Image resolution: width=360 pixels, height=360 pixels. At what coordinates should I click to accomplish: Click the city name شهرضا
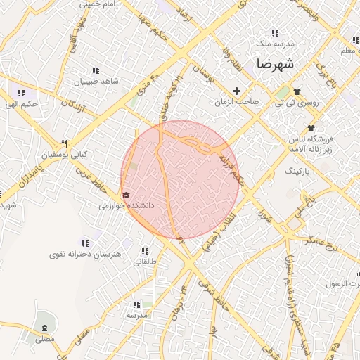click(x=274, y=64)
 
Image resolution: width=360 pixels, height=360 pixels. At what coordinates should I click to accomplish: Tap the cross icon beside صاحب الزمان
click(x=236, y=91)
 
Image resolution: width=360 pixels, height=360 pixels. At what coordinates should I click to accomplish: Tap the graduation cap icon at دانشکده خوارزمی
click(x=126, y=195)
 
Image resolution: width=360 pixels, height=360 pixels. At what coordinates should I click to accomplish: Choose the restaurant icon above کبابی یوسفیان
click(x=64, y=143)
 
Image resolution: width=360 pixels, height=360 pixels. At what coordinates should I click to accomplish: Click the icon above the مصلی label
click(x=46, y=328)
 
